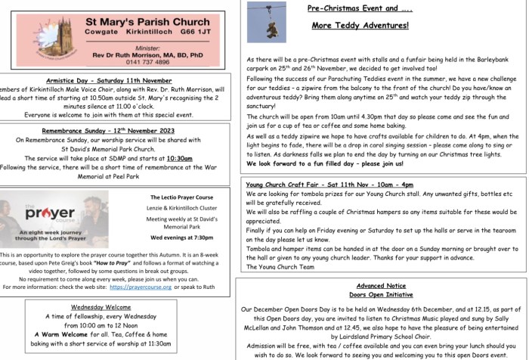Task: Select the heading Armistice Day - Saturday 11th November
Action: tap(108, 80)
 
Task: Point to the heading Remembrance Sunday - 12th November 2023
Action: tap(110, 131)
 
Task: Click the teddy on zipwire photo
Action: tap(266, 21)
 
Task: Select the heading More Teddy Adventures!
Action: tap(360, 25)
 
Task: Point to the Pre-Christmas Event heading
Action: tap(360, 8)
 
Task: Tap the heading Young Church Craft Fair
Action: tap(329, 185)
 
